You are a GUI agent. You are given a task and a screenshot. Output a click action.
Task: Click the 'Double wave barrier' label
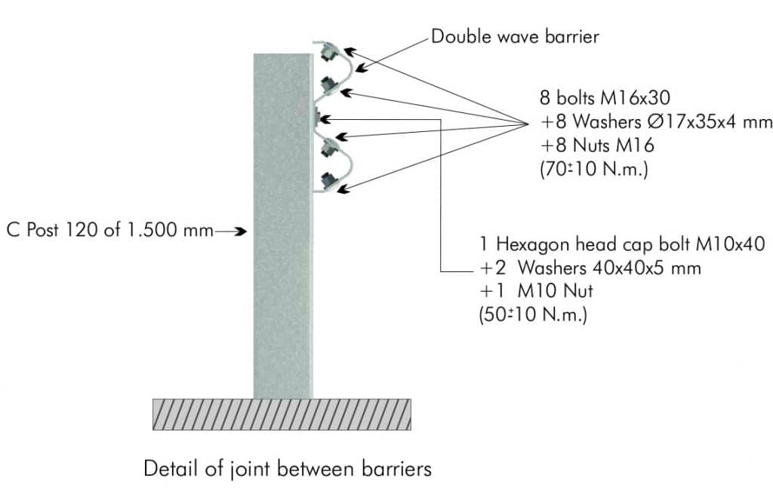pyautogui.click(x=515, y=36)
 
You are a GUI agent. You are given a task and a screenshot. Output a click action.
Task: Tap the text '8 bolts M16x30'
pyautogui.click(x=605, y=97)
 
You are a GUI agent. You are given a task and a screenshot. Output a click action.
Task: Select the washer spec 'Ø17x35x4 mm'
pyautogui.click(x=710, y=121)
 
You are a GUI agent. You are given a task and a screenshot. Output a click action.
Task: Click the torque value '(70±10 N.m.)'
pyautogui.click(x=594, y=169)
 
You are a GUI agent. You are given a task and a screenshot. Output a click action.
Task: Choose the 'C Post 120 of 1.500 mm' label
pyautogui.click(x=110, y=229)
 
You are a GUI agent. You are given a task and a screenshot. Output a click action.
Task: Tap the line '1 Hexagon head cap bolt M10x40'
pyautogui.click(x=622, y=243)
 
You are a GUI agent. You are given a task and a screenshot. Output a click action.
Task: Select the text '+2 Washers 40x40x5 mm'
pyautogui.click(x=590, y=268)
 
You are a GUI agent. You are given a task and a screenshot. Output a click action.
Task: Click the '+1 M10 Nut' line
pyautogui.click(x=536, y=290)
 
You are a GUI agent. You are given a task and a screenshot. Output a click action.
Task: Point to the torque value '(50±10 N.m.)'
pyautogui.click(x=533, y=314)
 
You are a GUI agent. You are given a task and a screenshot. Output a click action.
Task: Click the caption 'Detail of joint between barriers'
pyautogui.click(x=288, y=468)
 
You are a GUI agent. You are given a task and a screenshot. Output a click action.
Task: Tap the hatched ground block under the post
pyautogui.click(x=282, y=414)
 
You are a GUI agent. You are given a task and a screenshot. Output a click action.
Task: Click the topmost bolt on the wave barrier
pyautogui.click(x=326, y=53)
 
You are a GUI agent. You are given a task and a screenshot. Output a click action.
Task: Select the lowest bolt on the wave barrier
pyautogui.click(x=327, y=181)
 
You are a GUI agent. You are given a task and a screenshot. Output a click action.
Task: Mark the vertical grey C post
pyautogui.click(x=283, y=226)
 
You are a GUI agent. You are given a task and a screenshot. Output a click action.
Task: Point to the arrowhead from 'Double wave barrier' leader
pyautogui.click(x=361, y=69)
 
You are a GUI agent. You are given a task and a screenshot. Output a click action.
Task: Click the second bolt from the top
pyautogui.click(x=327, y=85)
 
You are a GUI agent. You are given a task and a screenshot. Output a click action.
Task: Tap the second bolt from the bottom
pyautogui.click(x=327, y=148)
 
